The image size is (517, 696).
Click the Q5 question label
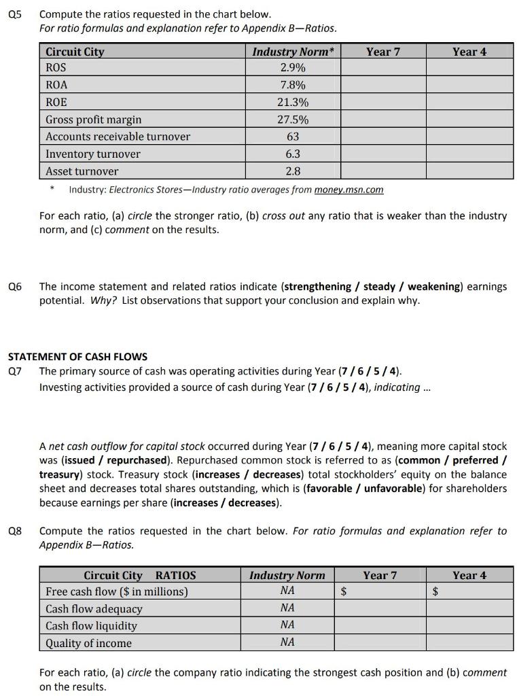(x=14, y=14)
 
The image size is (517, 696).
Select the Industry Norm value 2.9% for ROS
(x=293, y=68)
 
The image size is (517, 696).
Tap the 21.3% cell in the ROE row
(x=293, y=103)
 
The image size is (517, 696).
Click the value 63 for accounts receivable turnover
(x=293, y=137)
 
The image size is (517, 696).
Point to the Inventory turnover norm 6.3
(x=293, y=154)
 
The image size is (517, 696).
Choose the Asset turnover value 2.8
(x=293, y=171)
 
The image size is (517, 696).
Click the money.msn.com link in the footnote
(x=349, y=190)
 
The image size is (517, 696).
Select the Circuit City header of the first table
(x=75, y=52)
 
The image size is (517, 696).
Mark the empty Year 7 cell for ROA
(x=382, y=86)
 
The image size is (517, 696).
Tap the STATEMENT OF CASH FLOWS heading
(x=77, y=356)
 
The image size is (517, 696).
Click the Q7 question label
(x=14, y=371)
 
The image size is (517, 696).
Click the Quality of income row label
(x=88, y=643)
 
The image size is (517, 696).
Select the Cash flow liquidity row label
(x=91, y=626)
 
